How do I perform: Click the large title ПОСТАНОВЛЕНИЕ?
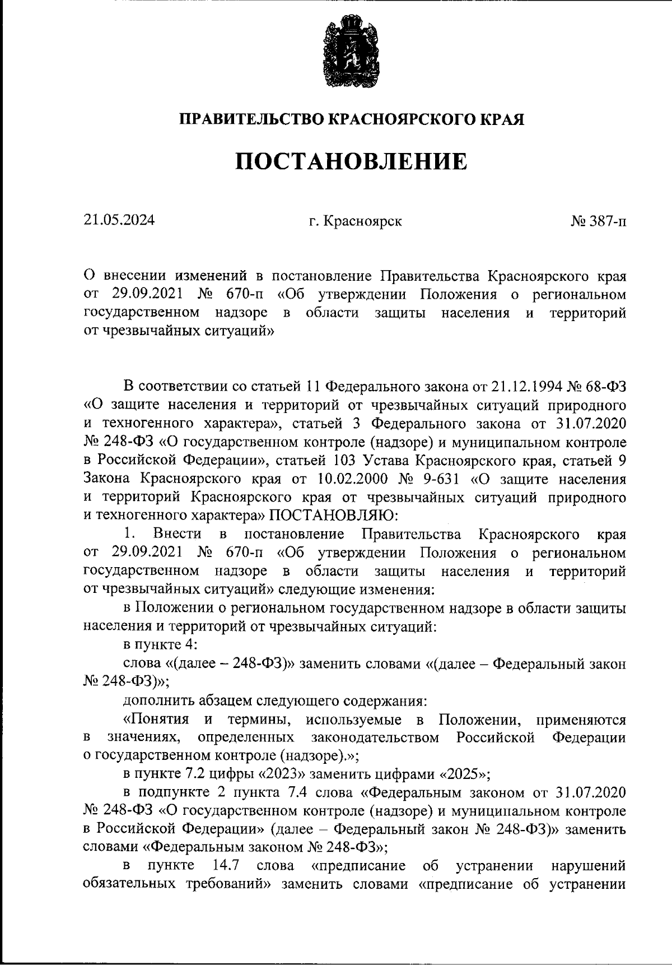(x=351, y=161)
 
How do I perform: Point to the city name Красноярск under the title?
(x=362, y=221)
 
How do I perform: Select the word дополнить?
(x=157, y=701)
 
